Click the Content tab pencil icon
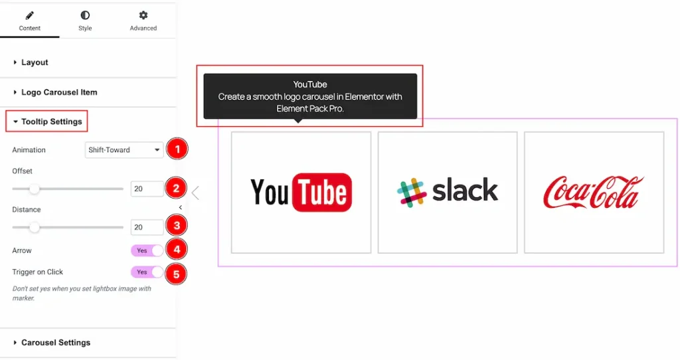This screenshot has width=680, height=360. (x=29, y=16)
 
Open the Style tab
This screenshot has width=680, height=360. (x=85, y=21)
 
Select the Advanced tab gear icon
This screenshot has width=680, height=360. (x=143, y=15)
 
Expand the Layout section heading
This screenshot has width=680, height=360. (x=35, y=62)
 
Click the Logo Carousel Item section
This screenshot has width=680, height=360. (x=59, y=92)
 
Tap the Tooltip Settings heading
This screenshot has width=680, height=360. (x=52, y=122)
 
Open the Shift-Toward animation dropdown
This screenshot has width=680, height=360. (x=124, y=149)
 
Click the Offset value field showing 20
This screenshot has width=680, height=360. (x=147, y=189)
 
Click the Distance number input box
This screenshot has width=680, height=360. (x=147, y=227)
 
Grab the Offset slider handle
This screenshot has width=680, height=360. (x=35, y=189)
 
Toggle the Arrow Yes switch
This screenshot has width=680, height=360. (x=147, y=250)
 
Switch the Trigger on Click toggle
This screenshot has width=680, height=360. (x=147, y=272)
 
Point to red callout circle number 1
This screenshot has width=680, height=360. (x=177, y=149)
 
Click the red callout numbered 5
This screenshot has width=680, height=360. (x=176, y=274)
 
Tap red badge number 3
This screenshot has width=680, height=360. (x=177, y=226)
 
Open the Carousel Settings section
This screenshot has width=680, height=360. (x=56, y=343)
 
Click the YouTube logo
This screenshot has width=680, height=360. (x=301, y=192)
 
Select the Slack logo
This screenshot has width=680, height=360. (x=448, y=191)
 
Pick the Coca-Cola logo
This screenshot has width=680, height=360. (x=594, y=192)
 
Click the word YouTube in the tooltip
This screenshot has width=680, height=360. (x=310, y=84)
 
